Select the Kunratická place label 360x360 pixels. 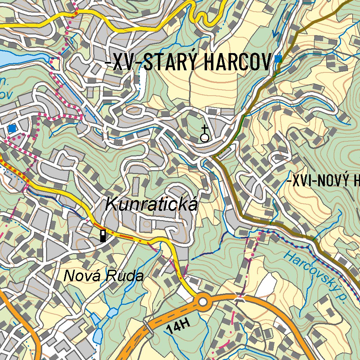point(152,205)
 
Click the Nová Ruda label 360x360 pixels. point(104,276)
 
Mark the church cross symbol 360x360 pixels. point(204,134)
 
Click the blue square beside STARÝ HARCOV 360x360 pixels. point(278,59)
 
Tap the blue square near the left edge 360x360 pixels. point(12,129)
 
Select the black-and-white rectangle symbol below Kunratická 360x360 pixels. point(103,236)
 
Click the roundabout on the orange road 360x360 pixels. point(203,302)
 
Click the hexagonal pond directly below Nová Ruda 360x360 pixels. point(112,312)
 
